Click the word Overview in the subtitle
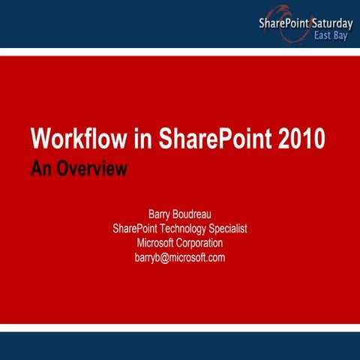pyautogui.click(x=91, y=168)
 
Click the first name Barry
pyautogui.click(x=163, y=214)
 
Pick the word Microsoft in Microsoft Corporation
pyautogui.click(x=157, y=243)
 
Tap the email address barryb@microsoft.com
pyautogui.click(x=180, y=257)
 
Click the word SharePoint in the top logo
pyautogui.click(x=283, y=23)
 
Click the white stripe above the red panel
pyautogui.click(x=180, y=51)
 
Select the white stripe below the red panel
pyautogui.click(x=180, y=327)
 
